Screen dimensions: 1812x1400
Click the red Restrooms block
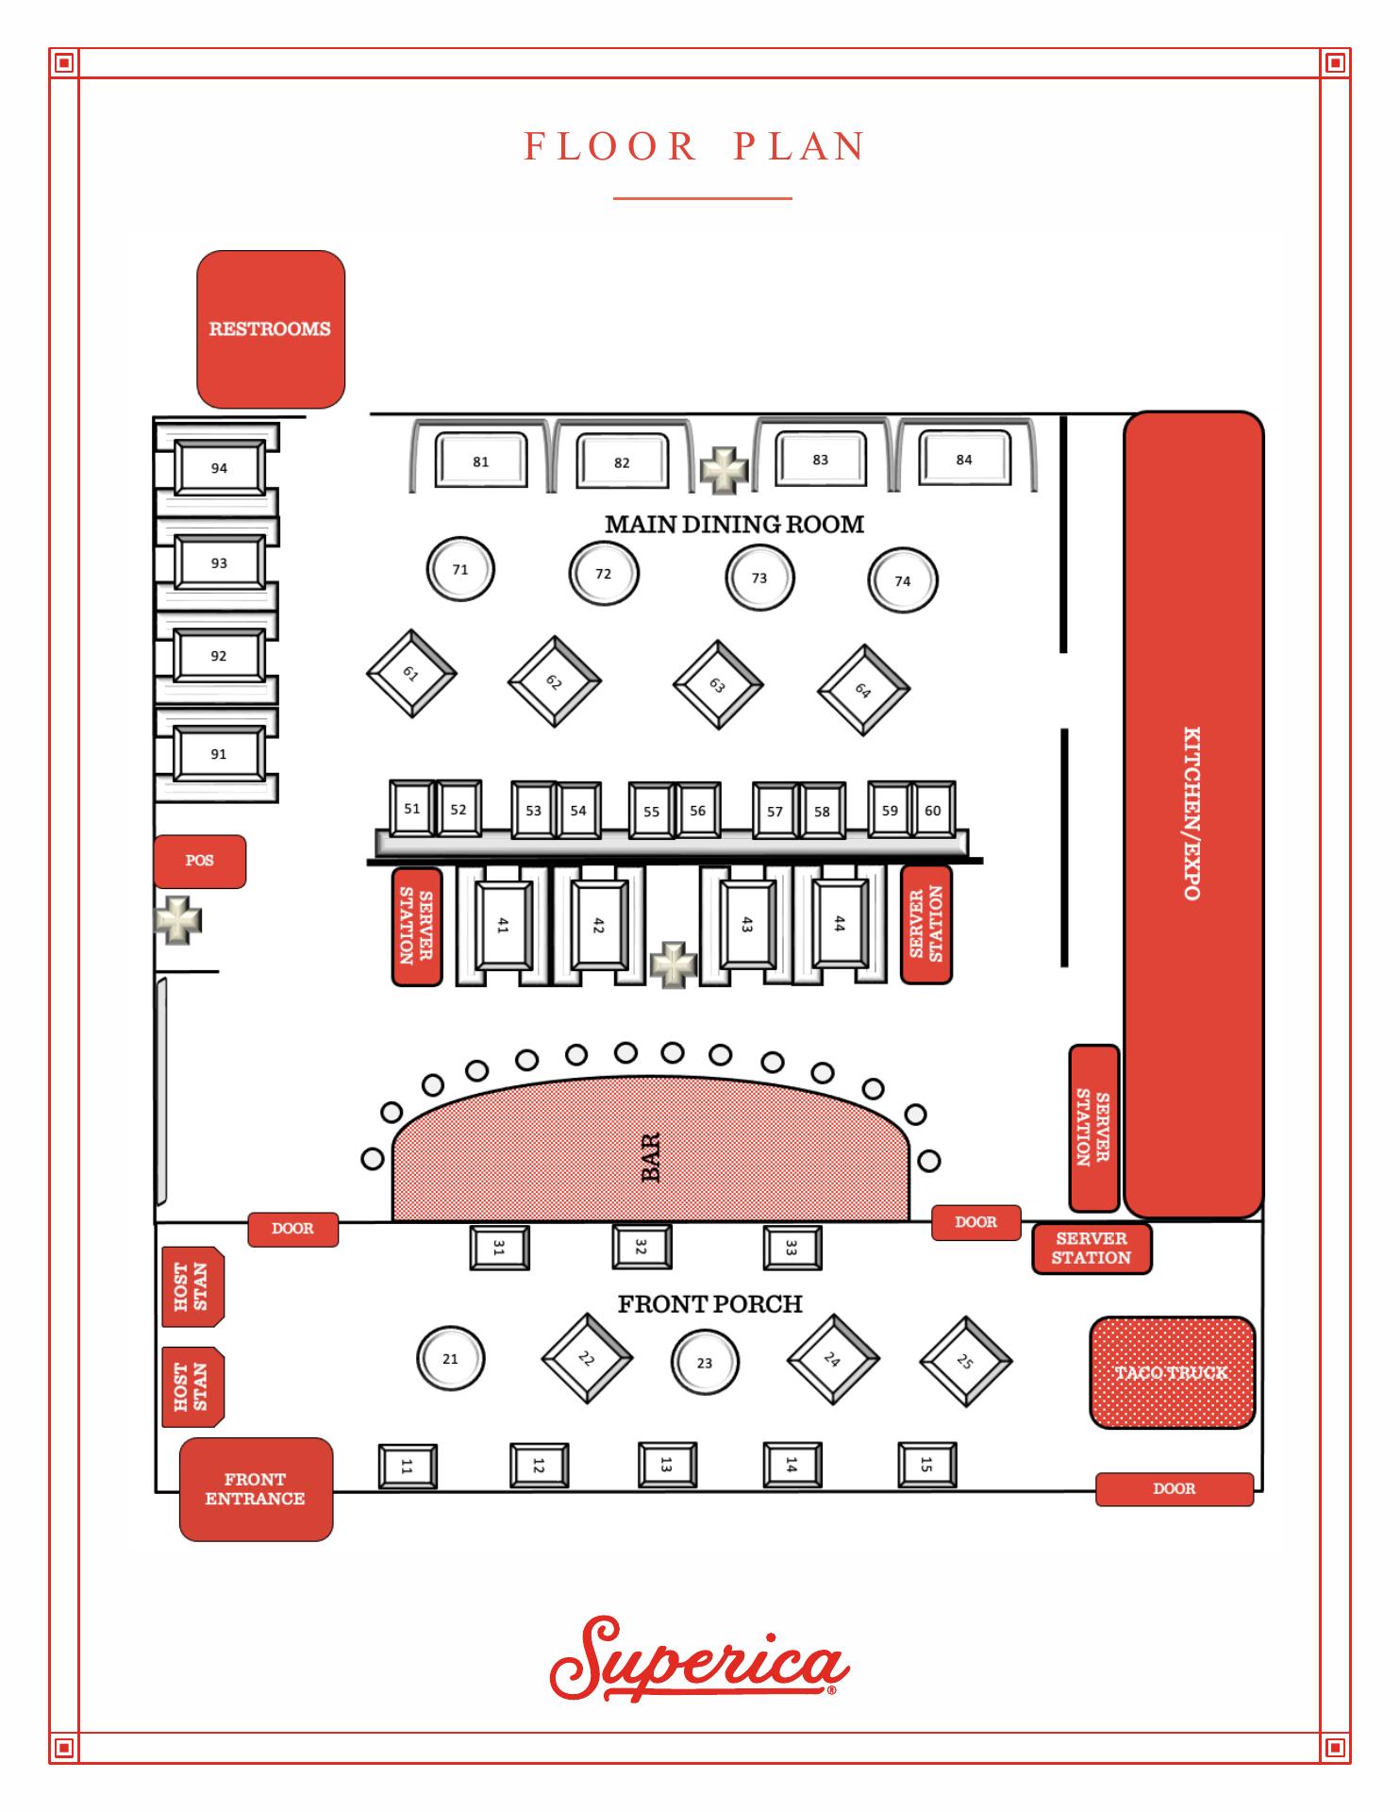click(x=271, y=328)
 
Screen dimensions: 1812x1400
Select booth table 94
click(x=219, y=468)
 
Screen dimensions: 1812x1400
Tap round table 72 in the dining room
click(x=604, y=574)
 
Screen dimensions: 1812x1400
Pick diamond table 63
click(x=718, y=684)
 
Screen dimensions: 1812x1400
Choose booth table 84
click(x=964, y=460)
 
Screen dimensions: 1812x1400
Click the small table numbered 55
click(x=651, y=811)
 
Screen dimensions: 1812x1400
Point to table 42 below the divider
click(x=598, y=926)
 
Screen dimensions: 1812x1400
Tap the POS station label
click(x=200, y=861)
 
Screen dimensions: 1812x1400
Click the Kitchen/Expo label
click(x=1192, y=814)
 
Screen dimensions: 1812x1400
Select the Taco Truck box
click(x=1172, y=1372)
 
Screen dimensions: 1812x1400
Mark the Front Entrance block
click(x=256, y=1489)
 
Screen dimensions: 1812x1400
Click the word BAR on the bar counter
click(x=651, y=1158)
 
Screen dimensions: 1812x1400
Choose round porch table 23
click(x=705, y=1363)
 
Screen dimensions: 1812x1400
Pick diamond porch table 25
click(x=965, y=1362)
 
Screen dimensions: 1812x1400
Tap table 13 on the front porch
click(x=666, y=1466)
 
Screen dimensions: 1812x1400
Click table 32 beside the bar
click(x=642, y=1247)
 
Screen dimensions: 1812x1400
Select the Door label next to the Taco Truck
click(x=1175, y=1488)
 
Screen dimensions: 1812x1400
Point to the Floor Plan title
click(x=695, y=147)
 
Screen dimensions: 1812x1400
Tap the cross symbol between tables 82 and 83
click(x=724, y=469)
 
